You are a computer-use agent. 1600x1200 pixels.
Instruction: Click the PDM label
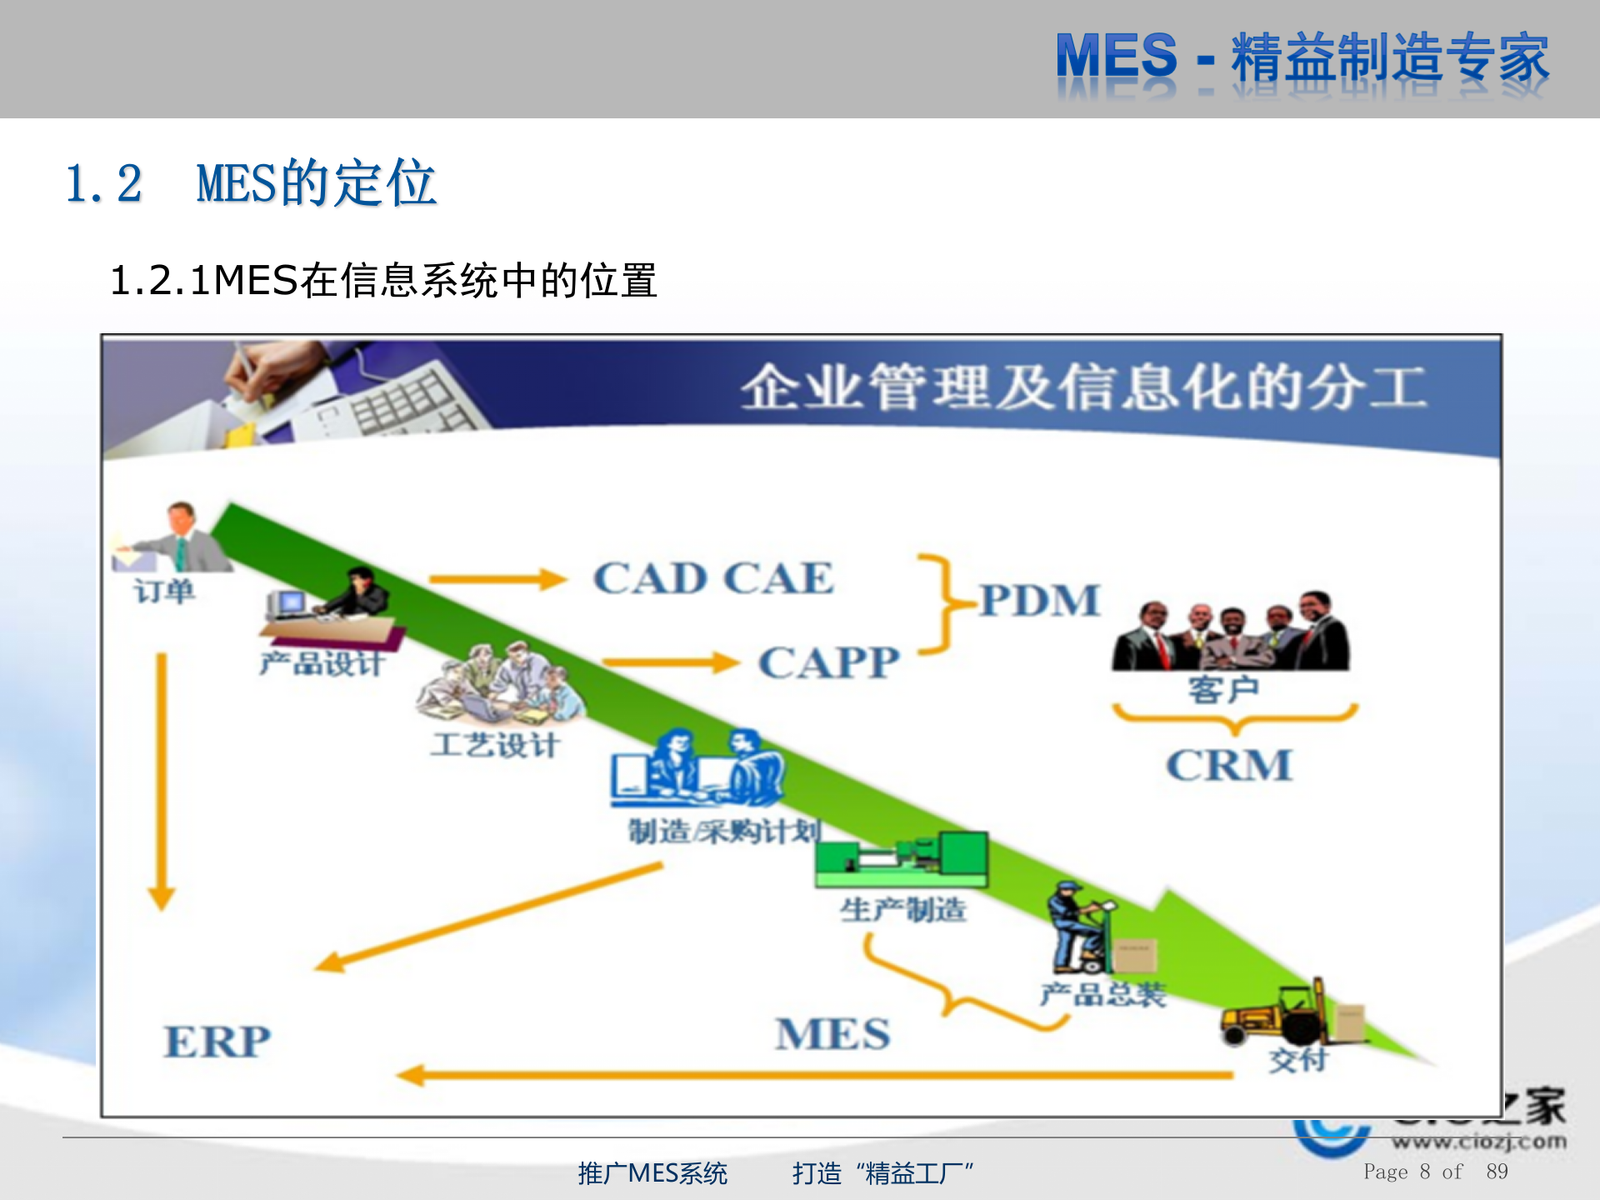[1038, 600]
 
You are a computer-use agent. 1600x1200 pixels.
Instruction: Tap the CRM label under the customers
[1229, 765]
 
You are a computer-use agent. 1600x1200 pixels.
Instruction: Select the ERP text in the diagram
[217, 1042]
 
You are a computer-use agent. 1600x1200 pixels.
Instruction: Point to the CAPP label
[828, 663]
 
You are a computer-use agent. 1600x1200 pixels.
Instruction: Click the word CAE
[778, 578]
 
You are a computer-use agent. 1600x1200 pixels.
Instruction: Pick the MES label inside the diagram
[832, 1034]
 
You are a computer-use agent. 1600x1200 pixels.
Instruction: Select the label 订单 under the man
[164, 592]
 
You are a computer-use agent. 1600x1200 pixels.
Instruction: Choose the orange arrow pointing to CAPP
[670, 663]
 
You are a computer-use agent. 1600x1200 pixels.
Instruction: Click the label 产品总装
[1102, 993]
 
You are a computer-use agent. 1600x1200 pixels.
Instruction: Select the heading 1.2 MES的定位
[251, 183]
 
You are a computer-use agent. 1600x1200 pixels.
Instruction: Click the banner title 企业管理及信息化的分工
[1083, 387]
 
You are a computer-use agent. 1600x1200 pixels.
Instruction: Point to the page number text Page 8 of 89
[1435, 1172]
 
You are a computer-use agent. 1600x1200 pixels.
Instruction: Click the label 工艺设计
[494, 744]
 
